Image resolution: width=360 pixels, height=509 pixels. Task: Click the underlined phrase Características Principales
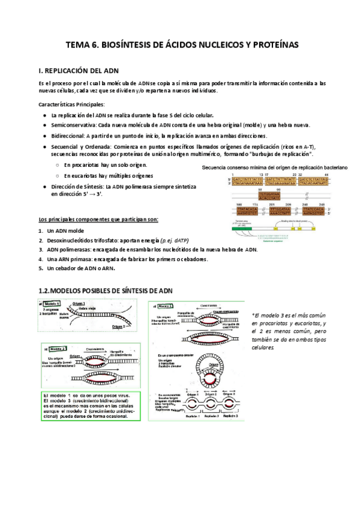pos(71,104)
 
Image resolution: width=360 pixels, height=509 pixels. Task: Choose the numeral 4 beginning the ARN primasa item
pos(40,259)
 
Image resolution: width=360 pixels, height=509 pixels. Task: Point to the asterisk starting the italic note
pos(253,315)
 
